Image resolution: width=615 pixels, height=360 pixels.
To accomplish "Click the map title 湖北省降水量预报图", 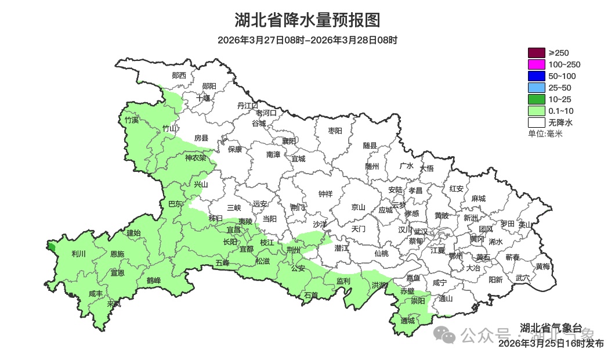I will coord(307,20).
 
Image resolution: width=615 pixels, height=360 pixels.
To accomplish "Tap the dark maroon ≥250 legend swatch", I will coord(536,53).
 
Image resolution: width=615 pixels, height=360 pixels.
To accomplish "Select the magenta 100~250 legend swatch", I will coord(536,64).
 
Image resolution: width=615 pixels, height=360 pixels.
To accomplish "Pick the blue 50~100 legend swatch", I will coord(536,76).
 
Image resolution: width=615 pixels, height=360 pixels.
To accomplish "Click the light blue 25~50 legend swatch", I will coord(536,88).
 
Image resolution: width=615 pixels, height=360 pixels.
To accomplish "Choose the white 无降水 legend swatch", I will coord(536,123).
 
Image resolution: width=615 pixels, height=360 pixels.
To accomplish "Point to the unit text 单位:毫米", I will coord(545,134).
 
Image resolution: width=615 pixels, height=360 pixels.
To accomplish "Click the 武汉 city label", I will coord(421,232).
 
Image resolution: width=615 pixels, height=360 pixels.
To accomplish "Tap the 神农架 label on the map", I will coord(196,158).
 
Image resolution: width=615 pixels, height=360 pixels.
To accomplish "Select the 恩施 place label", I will coord(117,254).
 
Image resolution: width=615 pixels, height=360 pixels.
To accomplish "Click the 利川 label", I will coord(78,254).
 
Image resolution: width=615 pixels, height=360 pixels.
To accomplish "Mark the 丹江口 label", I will coord(248,105).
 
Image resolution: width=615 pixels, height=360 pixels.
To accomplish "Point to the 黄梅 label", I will coord(543,267).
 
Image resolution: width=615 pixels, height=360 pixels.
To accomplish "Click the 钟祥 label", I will coord(325,195).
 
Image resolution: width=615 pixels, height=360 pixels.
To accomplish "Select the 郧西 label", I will coord(179,75).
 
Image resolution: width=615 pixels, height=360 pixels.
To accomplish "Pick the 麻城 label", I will coord(478,199).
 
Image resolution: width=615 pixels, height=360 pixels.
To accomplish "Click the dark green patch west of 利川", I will coord(52,247).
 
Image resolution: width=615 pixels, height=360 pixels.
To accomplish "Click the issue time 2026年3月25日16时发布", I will coord(551,344).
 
